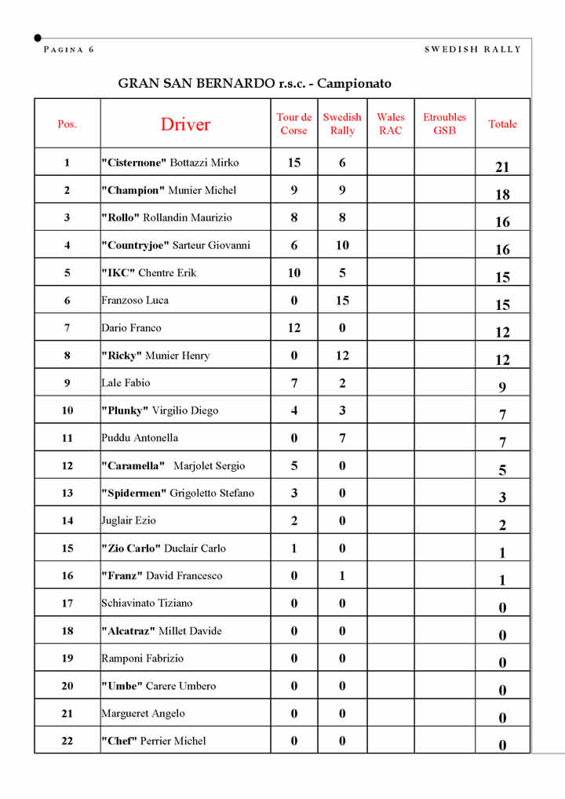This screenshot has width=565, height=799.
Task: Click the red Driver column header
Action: click(x=185, y=124)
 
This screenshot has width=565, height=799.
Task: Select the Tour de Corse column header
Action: click(x=293, y=124)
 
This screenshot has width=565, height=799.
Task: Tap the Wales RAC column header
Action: click(x=390, y=124)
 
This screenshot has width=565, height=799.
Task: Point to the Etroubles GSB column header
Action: click(x=444, y=124)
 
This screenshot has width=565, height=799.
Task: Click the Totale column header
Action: click(x=502, y=124)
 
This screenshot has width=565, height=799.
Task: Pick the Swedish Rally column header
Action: click(x=342, y=124)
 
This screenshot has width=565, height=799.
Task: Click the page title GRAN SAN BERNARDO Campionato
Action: click(x=254, y=83)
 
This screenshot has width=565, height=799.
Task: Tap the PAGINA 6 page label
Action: click(x=69, y=49)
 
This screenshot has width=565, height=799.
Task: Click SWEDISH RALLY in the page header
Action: click(x=472, y=49)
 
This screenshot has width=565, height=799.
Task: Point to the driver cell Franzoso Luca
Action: click(x=135, y=300)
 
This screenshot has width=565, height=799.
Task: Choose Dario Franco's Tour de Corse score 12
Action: click(x=293, y=328)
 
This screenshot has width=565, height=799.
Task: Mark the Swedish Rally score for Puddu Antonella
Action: click(x=342, y=438)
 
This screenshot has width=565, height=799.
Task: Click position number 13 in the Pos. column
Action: click(x=67, y=493)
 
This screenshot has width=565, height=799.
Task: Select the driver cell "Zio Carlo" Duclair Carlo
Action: click(x=163, y=548)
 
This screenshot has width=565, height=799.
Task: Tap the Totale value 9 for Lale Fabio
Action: click(x=502, y=387)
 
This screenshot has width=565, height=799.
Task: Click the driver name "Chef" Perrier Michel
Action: click(x=154, y=741)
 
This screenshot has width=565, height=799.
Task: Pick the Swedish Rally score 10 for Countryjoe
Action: click(x=342, y=245)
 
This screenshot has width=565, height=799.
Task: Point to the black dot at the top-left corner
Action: click(x=38, y=38)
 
